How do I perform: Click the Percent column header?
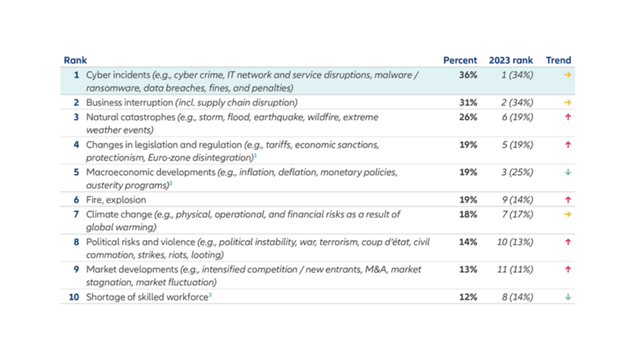click(x=460, y=61)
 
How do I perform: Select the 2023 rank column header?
click(x=511, y=61)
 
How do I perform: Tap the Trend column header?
click(x=558, y=61)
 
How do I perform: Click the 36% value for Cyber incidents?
click(x=467, y=75)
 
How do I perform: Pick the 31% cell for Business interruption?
click(x=467, y=102)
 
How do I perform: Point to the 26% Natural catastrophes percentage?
click(x=467, y=117)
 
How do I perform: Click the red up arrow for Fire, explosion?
click(x=567, y=199)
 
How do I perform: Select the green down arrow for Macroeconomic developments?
click(x=567, y=172)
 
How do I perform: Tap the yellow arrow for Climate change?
click(x=567, y=214)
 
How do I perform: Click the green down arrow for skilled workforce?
click(x=567, y=297)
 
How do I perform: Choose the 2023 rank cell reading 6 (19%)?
click(x=517, y=117)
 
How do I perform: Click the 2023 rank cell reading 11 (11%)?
click(x=515, y=269)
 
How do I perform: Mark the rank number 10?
click(x=74, y=297)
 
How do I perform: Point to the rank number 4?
click(x=76, y=145)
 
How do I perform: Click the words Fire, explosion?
click(x=116, y=200)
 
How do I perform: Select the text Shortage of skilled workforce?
click(x=147, y=297)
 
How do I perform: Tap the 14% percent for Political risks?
click(x=467, y=242)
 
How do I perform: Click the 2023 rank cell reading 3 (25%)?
click(x=517, y=172)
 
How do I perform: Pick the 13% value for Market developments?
click(x=467, y=269)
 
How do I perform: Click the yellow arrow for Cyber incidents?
click(x=567, y=75)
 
